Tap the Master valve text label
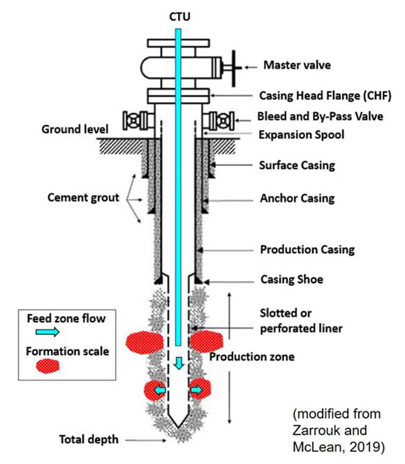[x=296, y=66]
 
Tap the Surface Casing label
[x=297, y=165]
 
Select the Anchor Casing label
[x=297, y=198]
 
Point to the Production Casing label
[x=307, y=249]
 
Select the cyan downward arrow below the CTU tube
[x=181, y=362]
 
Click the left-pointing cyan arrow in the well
[x=160, y=390]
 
